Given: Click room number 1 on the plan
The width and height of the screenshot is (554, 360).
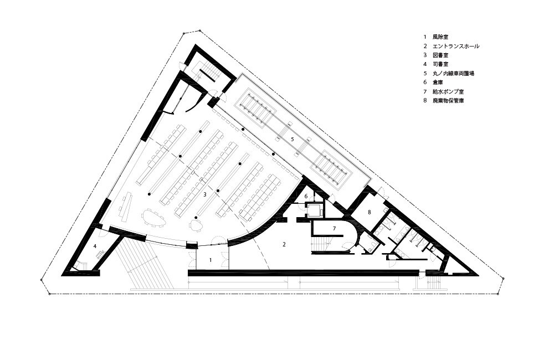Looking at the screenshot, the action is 211,260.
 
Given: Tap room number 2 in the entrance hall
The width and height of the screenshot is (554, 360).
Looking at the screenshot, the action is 284,244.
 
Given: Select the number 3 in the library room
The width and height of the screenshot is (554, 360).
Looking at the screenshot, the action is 204,194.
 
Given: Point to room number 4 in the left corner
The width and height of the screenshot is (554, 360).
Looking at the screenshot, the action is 95,246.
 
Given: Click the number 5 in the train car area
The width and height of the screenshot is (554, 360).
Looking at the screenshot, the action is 292,139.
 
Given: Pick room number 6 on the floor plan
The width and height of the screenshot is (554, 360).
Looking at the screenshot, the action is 306,196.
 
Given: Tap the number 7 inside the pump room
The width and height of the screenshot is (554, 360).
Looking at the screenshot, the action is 334,229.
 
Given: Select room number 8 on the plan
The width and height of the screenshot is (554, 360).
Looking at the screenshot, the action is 369,212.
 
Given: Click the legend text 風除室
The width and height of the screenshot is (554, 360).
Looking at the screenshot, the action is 440,37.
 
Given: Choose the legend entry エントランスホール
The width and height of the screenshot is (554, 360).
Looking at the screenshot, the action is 456,46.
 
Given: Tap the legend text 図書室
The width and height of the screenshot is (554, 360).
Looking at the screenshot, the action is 440,55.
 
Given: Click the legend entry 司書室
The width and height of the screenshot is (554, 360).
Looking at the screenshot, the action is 440,64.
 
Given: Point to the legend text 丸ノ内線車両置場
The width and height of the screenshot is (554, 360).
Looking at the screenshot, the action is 453,74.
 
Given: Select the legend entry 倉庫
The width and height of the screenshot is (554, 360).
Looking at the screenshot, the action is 438,83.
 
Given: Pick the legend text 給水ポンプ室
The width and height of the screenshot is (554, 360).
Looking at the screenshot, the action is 448,91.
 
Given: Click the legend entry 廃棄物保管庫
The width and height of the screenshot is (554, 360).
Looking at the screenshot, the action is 448,101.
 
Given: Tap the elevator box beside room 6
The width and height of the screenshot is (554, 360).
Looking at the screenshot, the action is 315,210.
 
